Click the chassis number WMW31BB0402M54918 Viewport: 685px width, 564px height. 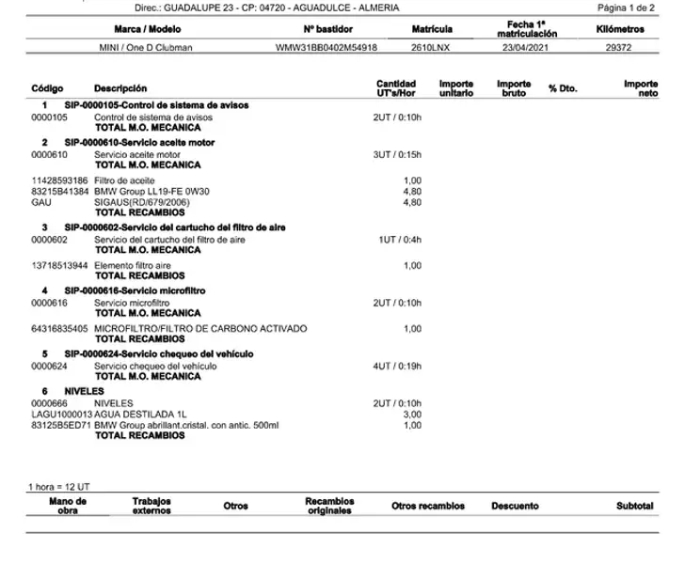327,46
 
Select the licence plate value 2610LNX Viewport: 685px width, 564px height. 430,46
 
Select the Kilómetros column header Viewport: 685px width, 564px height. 620,29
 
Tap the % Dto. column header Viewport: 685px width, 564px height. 562,88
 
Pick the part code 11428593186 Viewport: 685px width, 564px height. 59,180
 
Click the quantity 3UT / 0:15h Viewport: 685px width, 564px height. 398,154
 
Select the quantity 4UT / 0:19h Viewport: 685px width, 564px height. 398,366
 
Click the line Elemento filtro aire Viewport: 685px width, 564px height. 133,265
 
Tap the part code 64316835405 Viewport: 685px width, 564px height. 59,329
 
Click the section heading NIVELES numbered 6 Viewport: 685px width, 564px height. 84,390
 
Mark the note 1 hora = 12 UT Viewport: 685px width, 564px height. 58,487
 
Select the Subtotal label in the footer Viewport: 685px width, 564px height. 634,506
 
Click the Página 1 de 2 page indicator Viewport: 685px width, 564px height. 626,8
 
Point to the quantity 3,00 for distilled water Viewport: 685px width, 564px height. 412,414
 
